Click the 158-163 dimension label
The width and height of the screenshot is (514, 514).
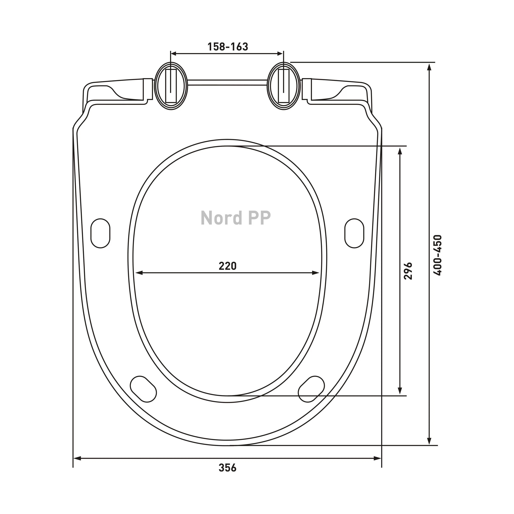tap(228, 47)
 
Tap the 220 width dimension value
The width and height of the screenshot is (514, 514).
tap(228, 266)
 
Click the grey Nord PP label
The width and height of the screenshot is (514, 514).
tap(236, 218)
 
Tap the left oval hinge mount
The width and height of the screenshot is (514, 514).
tap(171, 86)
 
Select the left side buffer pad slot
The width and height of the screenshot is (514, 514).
tap(100, 233)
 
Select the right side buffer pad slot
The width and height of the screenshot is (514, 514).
tap(354, 233)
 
